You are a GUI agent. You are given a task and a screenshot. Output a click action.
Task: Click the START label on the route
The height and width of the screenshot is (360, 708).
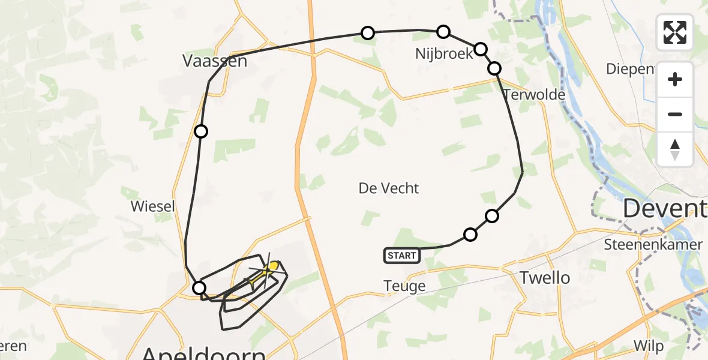[401, 256]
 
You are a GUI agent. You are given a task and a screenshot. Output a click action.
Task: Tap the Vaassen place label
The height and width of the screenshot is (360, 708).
[215, 61]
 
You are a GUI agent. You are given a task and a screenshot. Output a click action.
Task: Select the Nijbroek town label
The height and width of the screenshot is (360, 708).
[445, 53]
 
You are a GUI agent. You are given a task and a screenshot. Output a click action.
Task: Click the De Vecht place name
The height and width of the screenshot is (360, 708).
[389, 188]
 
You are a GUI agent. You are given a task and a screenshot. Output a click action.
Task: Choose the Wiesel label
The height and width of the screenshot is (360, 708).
[153, 207]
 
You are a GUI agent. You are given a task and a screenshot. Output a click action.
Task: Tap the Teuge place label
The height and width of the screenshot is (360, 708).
[404, 287]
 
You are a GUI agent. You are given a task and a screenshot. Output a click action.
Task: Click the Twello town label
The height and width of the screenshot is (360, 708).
[545, 278]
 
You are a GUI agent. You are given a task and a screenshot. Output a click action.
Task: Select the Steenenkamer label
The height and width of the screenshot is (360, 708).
[653, 244]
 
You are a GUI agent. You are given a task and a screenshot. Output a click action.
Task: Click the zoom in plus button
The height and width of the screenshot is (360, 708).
[675, 79]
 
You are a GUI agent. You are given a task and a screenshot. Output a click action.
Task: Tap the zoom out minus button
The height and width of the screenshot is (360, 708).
[675, 114]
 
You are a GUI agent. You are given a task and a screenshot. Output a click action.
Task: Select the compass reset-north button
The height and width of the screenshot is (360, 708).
[675, 149]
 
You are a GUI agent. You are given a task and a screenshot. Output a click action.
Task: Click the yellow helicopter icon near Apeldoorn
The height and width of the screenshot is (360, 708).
[271, 266]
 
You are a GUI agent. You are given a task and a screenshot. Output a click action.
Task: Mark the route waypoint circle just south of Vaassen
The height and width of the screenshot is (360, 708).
[201, 131]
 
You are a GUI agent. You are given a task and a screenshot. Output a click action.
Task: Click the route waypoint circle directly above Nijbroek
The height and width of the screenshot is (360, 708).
[443, 31]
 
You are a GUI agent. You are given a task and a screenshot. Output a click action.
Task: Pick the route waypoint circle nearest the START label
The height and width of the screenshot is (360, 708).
[470, 234]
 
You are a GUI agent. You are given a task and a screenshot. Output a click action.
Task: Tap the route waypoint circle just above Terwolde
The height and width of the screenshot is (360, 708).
[494, 68]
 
